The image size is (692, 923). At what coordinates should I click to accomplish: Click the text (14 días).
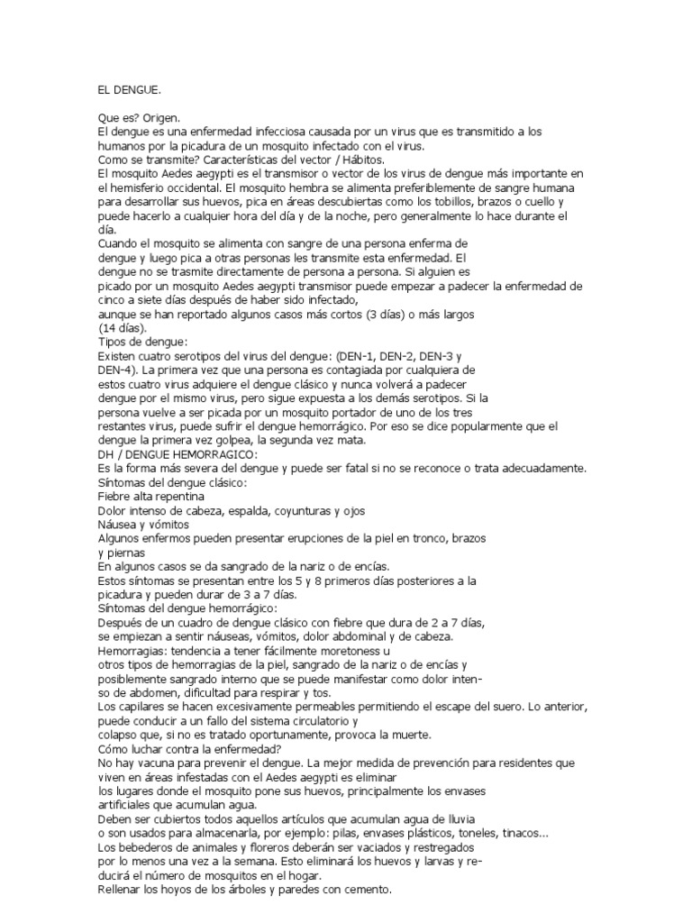(123, 328)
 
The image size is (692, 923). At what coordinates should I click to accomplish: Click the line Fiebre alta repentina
(150, 496)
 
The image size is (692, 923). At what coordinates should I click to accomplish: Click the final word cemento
(364, 889)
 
